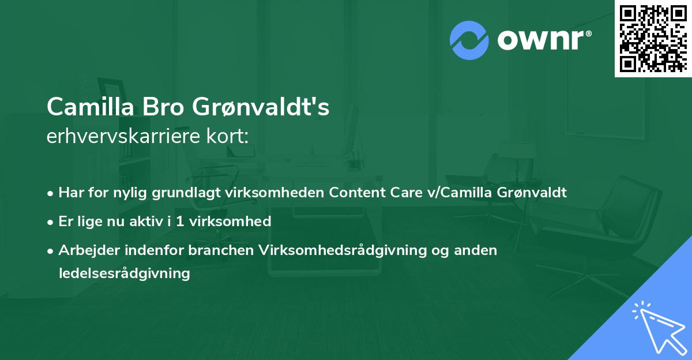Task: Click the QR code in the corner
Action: tap(653, 39)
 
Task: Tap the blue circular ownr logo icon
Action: tap(469, 40)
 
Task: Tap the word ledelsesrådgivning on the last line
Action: tap(124, 273)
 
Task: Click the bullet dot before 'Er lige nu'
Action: tap(51, 222)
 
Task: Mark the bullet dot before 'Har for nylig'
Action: tap(51, 193)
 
